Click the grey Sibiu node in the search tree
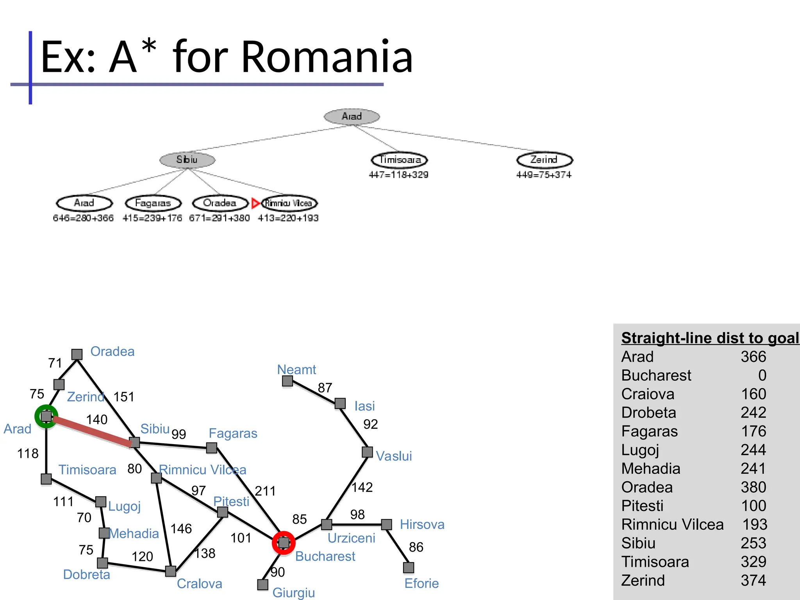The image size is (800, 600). point(187,160)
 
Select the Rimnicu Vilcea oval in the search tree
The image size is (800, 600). point(289,203)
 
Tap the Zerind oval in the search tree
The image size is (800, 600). point(544,160)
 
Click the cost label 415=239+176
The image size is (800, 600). point(152,218)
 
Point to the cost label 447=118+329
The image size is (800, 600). point(398,175)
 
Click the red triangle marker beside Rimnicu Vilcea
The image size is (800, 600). point(256,203)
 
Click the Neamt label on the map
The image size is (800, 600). point(296,370)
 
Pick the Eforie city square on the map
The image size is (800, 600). point(409,568)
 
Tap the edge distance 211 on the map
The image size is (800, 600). point(265,491)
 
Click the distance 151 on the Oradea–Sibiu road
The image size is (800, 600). point(124,397)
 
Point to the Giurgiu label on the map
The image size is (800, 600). point(293,593)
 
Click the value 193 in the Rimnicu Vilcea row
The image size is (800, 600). point(755,525)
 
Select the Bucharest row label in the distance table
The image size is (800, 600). point(656,375)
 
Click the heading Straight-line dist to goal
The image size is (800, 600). point(710,338)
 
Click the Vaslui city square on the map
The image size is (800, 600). point(367,452)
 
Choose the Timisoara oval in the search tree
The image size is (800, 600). point(399,160)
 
